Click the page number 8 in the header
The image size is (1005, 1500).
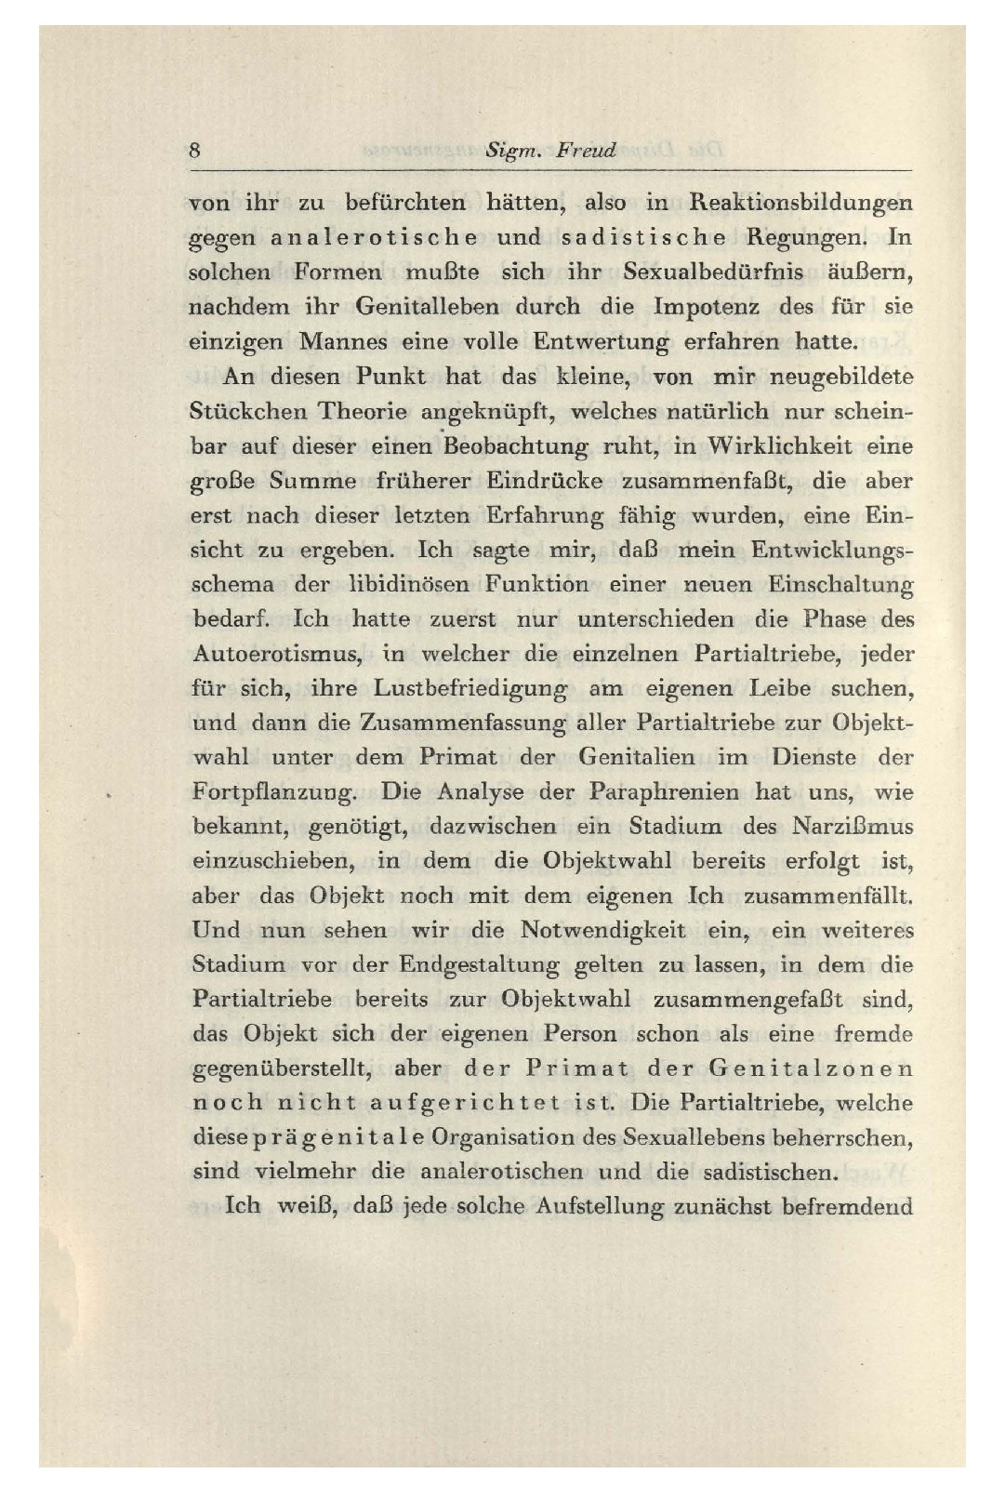tap(194, 150)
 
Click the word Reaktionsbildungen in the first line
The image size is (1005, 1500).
tap(800, 203)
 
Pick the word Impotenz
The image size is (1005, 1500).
tap(707, 307)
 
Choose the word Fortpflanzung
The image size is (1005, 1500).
tap(274, 793)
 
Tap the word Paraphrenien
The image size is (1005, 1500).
tap(664, 792)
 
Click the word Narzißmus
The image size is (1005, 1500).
tap(853, 827)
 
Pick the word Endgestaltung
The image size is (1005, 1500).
tap(480, 965)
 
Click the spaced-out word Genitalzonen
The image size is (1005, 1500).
tap(810, 1069)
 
